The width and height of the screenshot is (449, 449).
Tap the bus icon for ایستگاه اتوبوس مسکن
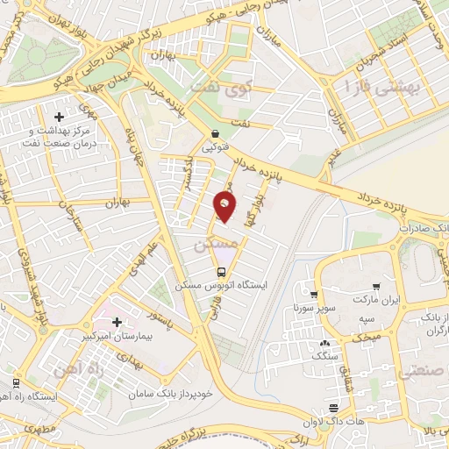click(223, 271)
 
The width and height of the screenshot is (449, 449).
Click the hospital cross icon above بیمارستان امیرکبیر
click(117, 322)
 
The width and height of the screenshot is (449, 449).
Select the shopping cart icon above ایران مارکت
click(376, 286)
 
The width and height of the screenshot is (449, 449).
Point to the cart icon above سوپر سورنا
click(312, 295)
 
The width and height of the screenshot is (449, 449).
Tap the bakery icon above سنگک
click(325, 344)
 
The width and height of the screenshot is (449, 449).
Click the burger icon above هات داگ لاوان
click(334, 409)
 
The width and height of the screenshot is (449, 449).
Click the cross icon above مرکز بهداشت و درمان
click(60, 116)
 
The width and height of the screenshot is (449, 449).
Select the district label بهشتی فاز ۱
click(382, 86)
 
